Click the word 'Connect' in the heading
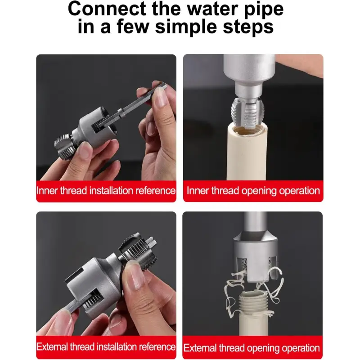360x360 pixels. [107, 9]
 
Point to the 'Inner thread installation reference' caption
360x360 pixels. [106, 191]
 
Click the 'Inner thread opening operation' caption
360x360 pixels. [253, 191]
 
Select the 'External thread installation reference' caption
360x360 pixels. [106, 346]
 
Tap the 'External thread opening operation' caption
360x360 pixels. [252, 348]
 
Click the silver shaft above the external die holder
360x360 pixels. [255, 225]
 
